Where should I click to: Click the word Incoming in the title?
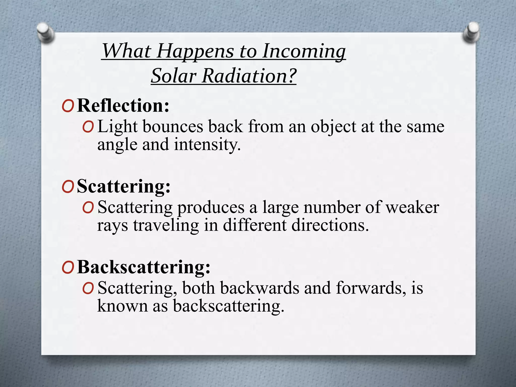coord(304,51)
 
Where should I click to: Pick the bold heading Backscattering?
coord(144,267)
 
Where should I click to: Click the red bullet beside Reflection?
coord(68,106)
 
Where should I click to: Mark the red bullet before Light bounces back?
coord(88,127)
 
